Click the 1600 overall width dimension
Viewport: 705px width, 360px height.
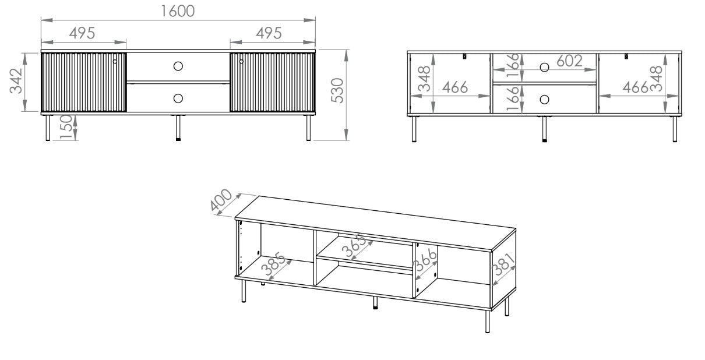[x=178, y=11]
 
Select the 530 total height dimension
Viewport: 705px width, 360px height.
[x=337, y=90]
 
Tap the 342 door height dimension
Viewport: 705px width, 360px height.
[x=16, y=81]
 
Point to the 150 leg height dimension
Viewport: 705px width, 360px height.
[x=66, y=127]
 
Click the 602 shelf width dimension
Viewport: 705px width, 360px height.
[x=569, y=61]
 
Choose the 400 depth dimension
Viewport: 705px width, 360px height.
[x=221, y=200]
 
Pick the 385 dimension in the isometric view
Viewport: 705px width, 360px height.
[x=273, y=264]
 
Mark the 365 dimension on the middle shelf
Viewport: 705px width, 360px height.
[x=354, y=246]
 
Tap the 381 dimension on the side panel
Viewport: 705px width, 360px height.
[x=503, y=264]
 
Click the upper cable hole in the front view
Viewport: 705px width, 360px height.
[x=178, y=66]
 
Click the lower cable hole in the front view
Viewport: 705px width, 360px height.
[x=178, y=98]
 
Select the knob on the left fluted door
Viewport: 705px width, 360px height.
[x=115, y=61]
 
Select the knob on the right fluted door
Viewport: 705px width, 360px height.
[x=241, y=61]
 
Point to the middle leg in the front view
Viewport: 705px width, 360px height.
[x=178, y=128]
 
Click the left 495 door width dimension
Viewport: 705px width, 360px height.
[x=82, y=33]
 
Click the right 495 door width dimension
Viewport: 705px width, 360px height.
[x=269, y=33]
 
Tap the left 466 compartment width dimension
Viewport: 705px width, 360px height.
[x=455, y=87]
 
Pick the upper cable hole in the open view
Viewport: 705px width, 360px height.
[x=545, y=68]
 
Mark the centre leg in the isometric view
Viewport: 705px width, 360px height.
[x=375, y=303]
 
